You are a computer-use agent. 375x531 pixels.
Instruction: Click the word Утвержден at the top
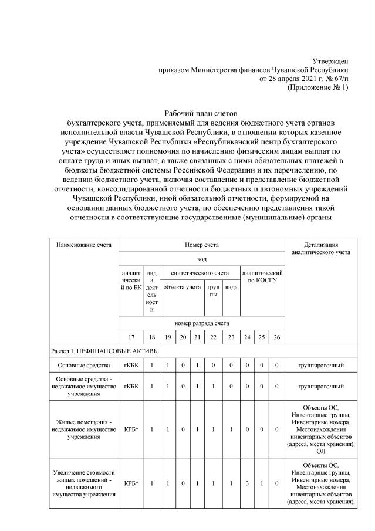(329, 61)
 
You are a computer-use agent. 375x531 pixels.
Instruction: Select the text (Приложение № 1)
(317, 87)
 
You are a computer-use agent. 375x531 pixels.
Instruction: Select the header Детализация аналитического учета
(320, 248)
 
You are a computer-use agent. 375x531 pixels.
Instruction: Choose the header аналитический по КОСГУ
(262, 277)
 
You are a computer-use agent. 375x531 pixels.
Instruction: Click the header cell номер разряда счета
(201, 323)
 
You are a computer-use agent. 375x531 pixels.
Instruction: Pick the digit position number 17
(130, 337)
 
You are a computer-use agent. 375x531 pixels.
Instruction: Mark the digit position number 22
(212, 337)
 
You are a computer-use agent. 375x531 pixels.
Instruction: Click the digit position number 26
(276, 337)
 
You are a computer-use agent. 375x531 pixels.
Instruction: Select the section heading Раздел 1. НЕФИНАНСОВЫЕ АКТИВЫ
(102, 351)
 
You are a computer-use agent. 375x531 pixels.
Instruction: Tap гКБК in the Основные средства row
(130, 366)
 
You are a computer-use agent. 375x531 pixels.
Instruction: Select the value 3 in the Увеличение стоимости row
(248, 484)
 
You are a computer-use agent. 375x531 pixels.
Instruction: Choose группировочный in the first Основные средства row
(320, 366)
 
